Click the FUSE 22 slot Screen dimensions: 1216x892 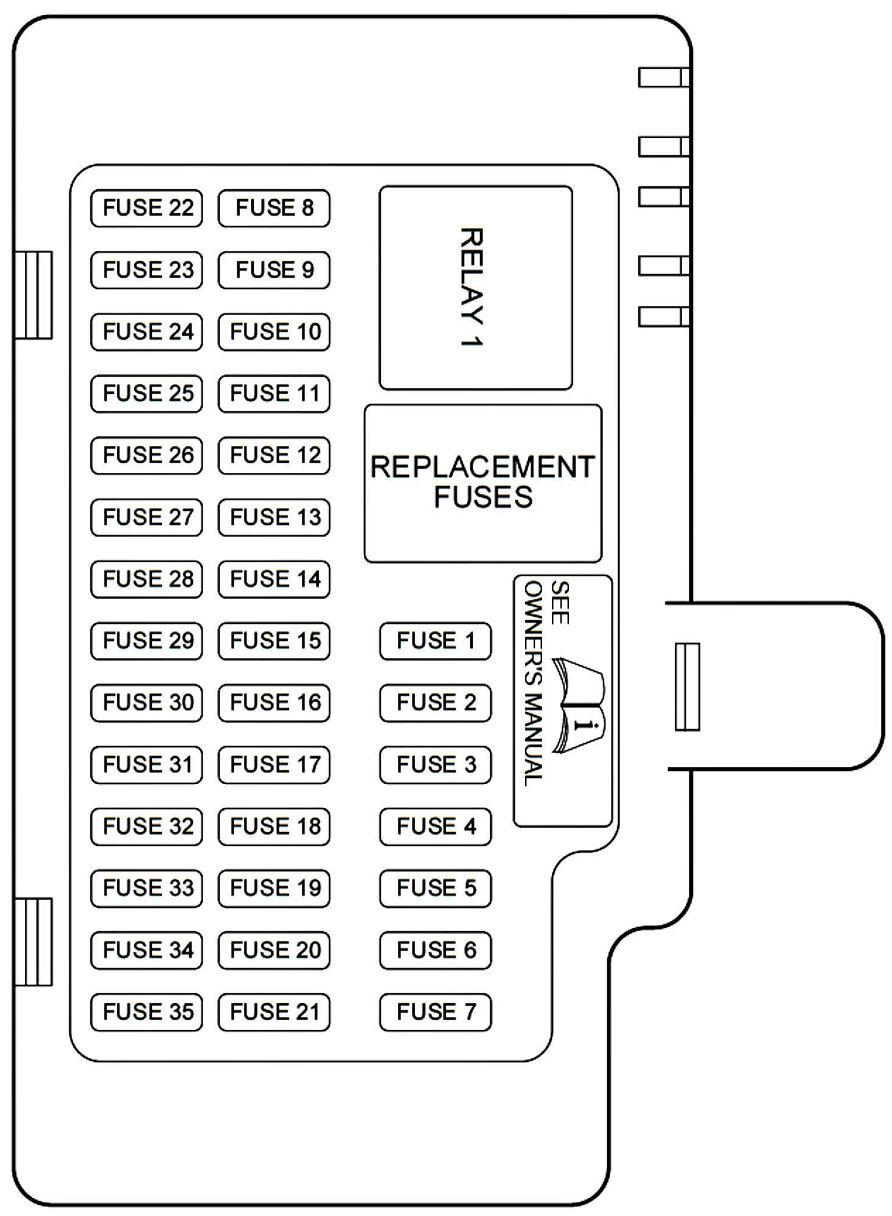point(147,208)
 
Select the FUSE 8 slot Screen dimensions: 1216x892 point(274,208)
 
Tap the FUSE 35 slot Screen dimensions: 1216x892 point(147,1012)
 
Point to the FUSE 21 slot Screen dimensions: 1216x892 point(274,1012)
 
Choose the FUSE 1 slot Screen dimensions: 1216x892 point(435,641)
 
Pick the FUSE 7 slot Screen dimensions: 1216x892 point(435,1012)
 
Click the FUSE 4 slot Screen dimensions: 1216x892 point(435,826)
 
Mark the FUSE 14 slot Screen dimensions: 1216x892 point(274,579)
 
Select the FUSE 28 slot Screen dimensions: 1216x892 point(147,579)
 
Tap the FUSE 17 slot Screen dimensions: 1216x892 point(274,764)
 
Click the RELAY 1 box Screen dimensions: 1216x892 point(475,288)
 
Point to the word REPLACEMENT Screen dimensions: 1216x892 point(483,467)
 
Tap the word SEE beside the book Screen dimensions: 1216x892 point(560,603)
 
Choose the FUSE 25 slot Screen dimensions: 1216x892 point(147,394)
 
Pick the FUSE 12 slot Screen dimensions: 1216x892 point(274,455)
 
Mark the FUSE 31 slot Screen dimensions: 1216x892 point(147,764)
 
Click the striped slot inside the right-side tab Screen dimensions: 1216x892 point(688,687)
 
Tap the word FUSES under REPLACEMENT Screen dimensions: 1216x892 point(483,497)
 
